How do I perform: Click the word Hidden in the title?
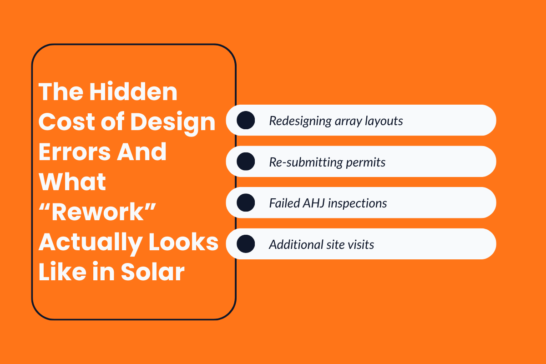[x=133, y=92]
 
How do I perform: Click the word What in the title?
[x=73, y=182]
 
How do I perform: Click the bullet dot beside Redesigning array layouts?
[x=246, y=121]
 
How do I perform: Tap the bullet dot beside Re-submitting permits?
[x=246, y=162]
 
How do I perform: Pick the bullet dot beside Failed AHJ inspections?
[x=246, y=202]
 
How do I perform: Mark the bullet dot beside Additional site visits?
[x=246, y=244]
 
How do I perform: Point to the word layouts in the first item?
[x=384, y=121]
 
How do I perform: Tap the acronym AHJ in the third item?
[x=314, y=203]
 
